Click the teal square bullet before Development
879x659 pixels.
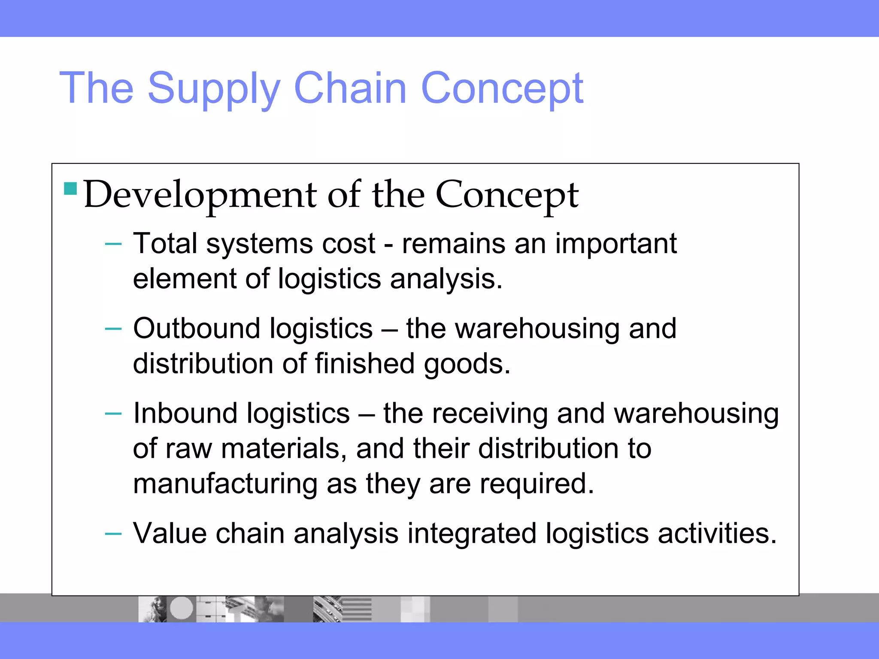(x=70, y=189)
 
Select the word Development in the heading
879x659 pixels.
(x=200, y=195)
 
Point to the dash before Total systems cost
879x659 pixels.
(x=113, y=244)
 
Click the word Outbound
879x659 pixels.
(x=197, y=329)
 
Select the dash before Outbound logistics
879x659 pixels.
(x=113, y=329)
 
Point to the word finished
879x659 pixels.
(x=365, y=364)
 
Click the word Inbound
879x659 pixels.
(x=185, y=414)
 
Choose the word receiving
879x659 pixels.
(x=489, y=414)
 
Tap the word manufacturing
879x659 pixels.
(x=225, y=484)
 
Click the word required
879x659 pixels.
(x=536, y=484)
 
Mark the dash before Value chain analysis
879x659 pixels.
(x=113, y=534)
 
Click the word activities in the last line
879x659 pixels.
(x=717, y=534)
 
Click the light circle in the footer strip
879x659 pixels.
(x=182, y=608)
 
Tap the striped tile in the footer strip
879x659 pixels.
(x=356, y=609)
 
